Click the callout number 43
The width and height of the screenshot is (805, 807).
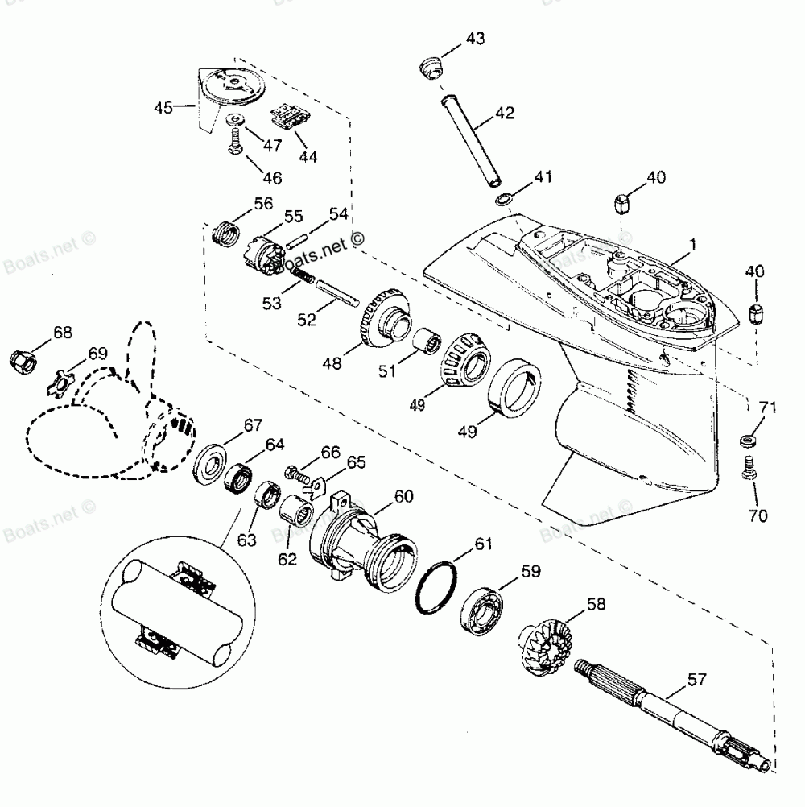point(476,39)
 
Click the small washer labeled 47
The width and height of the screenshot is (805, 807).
point(236,120)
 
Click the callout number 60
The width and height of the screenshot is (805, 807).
point(402,496)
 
